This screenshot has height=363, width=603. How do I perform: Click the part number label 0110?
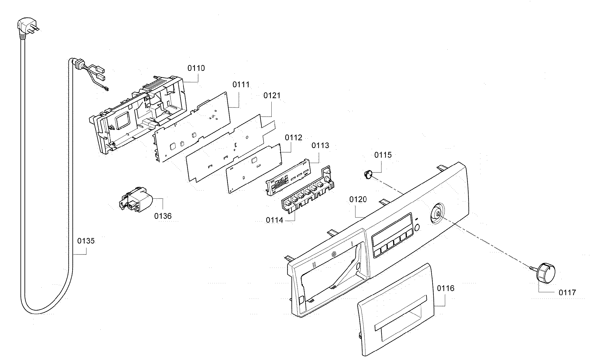click(x=196, y=68)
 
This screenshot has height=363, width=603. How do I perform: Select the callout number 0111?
click(x=241, y=85)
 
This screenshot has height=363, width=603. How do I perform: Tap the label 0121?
click(x=272, y=95)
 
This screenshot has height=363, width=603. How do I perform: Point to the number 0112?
click(x=293, y=138)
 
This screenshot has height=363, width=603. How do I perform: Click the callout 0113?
click(x=320, y=145)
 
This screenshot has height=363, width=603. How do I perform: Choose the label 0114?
click(x=275, y=220)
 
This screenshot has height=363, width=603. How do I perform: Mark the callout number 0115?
click(x=383, y=155)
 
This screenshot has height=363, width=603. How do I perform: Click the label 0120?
click(x=358, y=200)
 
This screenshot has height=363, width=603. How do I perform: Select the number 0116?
click(x=446, y=289)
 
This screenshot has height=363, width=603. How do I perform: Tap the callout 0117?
click(x=567, y=292)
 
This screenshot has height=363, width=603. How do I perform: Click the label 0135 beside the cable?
click(x=86, y=241)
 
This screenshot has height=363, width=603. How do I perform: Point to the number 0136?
click(x=163, y=216)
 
